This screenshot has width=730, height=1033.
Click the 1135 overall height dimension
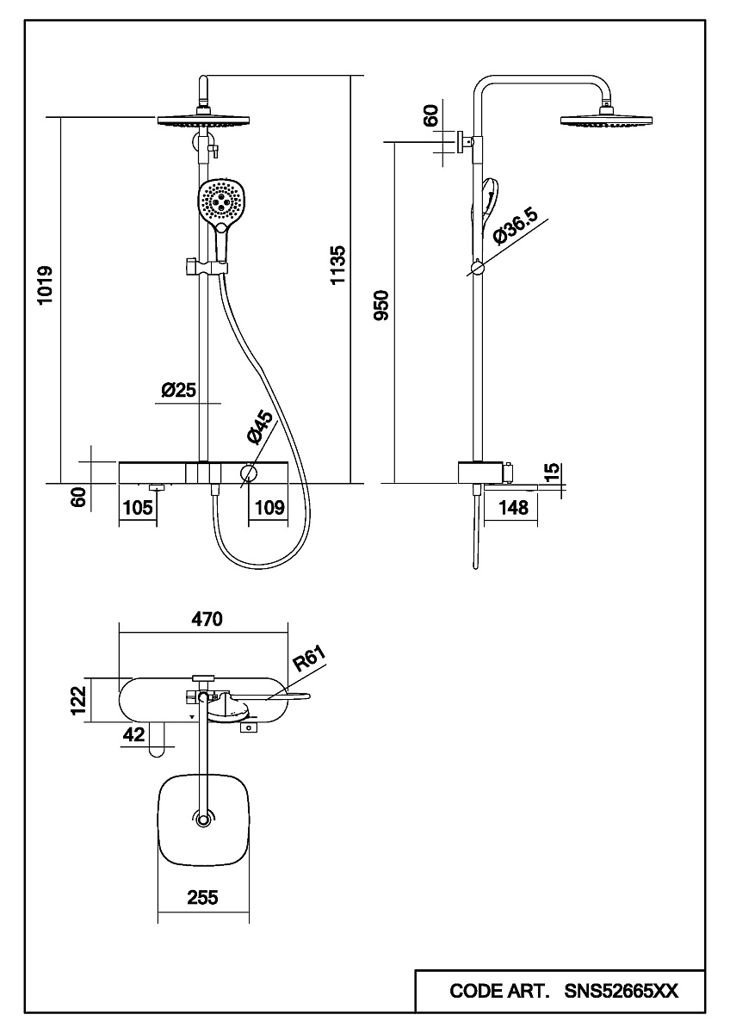[338, 265]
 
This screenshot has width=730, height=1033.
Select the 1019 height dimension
[45, 285]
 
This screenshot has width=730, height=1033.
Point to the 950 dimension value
[382, 305]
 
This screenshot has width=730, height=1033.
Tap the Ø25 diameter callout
[178, 390]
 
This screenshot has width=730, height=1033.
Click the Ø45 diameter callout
[260, 427]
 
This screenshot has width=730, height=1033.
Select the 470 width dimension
[207, 619]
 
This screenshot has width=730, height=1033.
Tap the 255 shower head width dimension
[202, 897]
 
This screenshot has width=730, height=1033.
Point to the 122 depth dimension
[78, 700]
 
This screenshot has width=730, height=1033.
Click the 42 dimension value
[133, 734]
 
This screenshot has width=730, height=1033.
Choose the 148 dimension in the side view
[513, 508]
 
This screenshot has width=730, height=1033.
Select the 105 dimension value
[138, 508]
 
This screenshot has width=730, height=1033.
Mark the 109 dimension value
[269, 508]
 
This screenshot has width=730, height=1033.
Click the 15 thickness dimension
[552, 473]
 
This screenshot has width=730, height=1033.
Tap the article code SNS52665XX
[622, 991]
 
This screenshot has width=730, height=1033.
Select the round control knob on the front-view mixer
[249, 473]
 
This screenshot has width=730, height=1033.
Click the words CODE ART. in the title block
[499, 991]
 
